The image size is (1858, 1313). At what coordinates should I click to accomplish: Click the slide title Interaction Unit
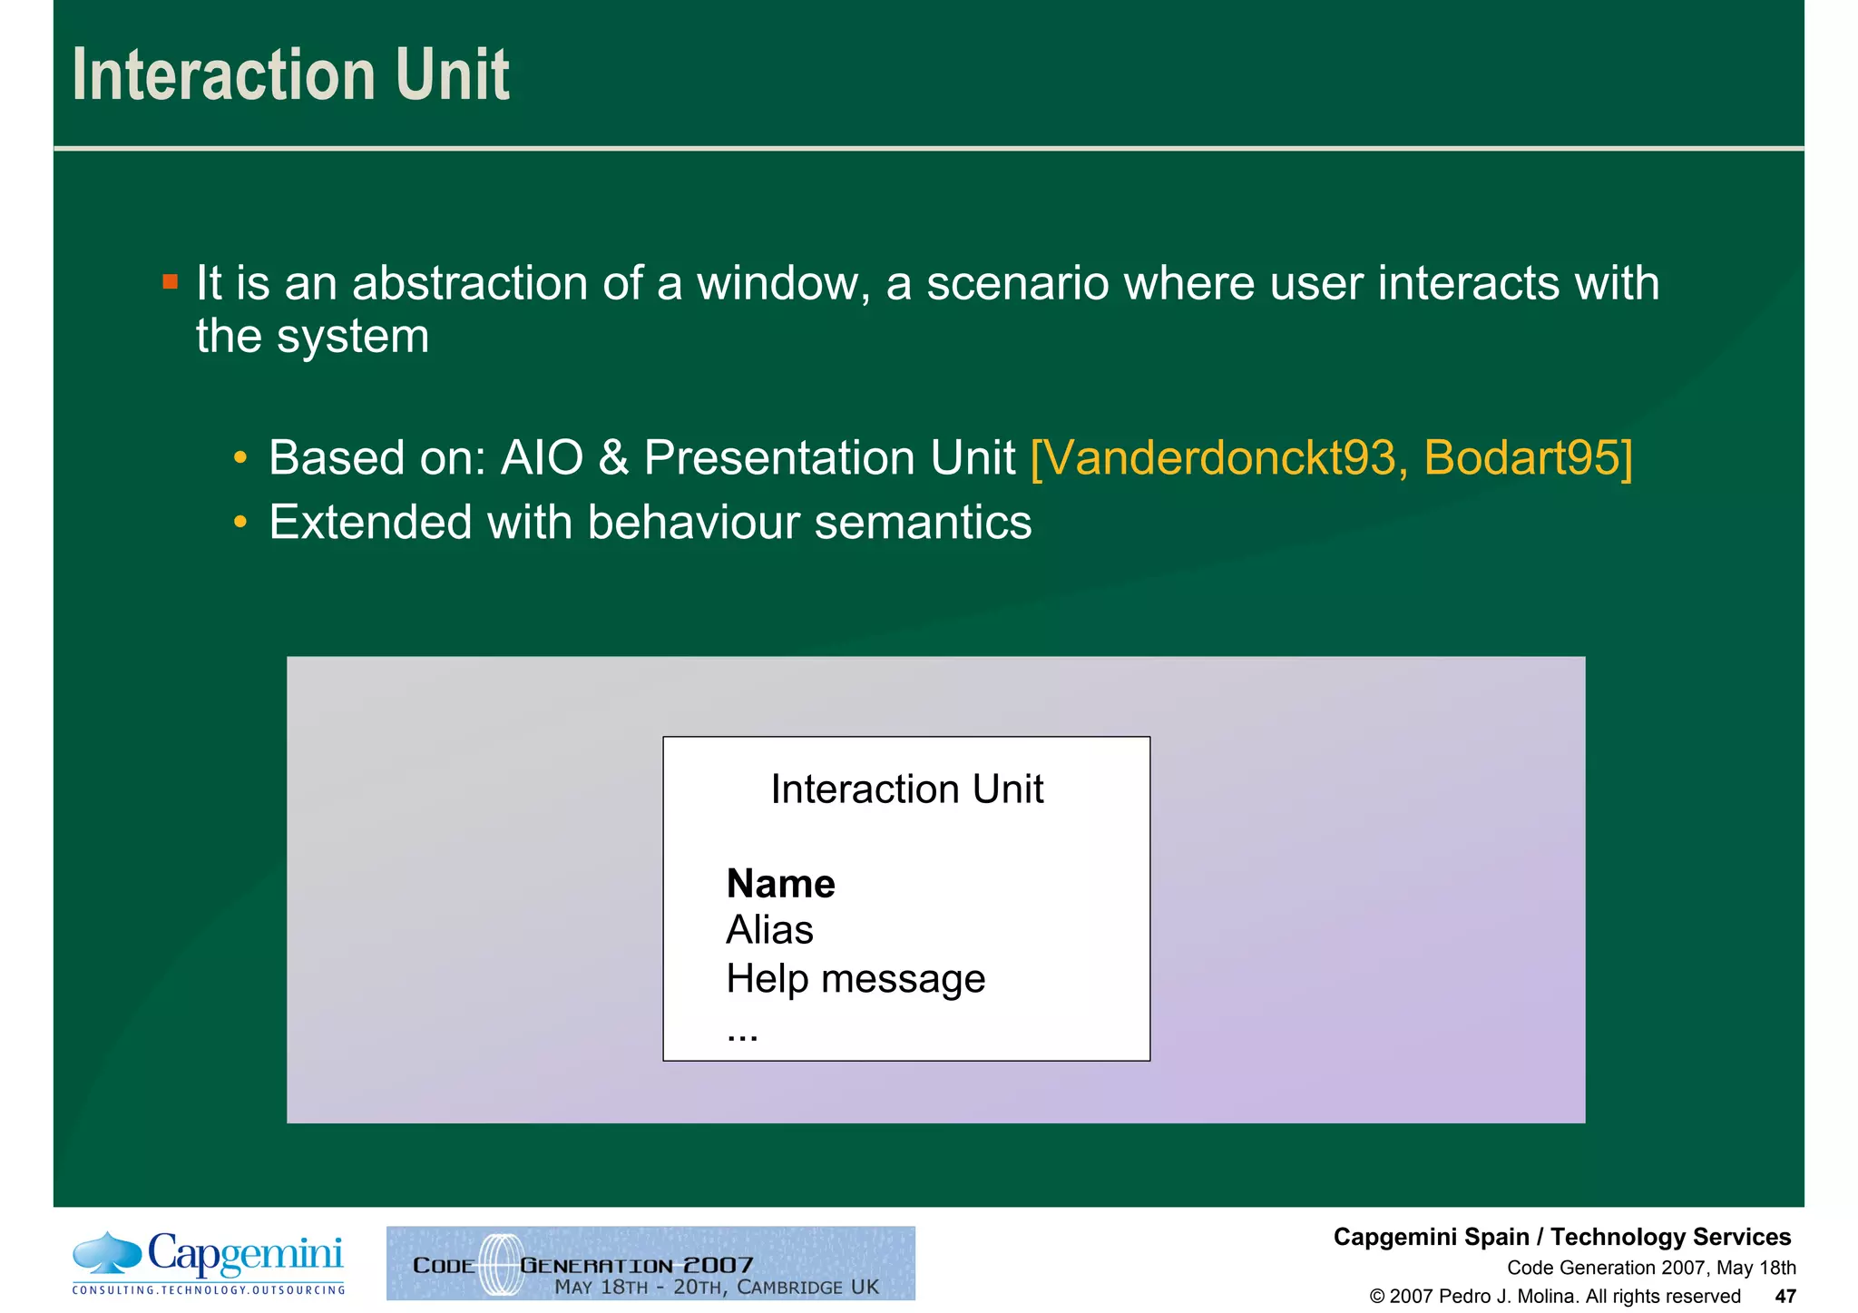[x=290, y=75]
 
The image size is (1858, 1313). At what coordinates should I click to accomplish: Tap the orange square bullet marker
[x=170, y=281]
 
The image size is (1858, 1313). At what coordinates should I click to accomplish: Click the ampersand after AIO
[x=613, y=457]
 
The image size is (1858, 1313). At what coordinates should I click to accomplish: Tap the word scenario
[x=1017, y=283]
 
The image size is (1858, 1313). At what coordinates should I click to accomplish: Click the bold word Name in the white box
[x=780, y=884]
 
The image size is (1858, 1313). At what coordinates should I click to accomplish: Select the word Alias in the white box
[x=769, y=930]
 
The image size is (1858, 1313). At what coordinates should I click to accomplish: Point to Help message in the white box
[x=855, y=979]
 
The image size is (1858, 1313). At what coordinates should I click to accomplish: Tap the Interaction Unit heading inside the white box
[x=906, y=789]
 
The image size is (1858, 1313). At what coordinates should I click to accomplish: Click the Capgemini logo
[x=209, y=1261]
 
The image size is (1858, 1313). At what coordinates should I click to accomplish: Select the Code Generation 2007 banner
[x=650, y=1264]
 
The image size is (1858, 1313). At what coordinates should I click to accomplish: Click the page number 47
[x=1785, y=1297]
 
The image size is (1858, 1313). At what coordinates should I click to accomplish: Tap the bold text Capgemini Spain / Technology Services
[x=1561, y=1237]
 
